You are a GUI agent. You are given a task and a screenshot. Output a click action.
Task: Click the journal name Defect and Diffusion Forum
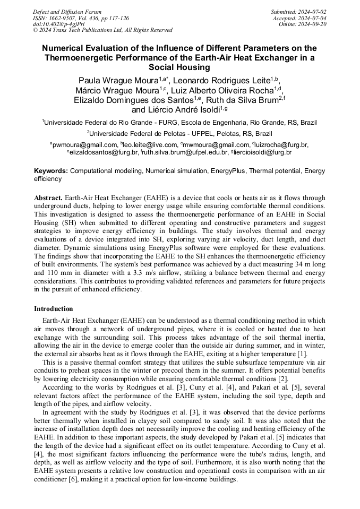pyautogui.click(x=67, y=12)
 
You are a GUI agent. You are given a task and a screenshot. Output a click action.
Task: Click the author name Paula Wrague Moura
pyautogui.click(x=118, y=81)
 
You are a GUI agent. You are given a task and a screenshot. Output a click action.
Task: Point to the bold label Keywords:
pyautogui.click(x=51, y=171)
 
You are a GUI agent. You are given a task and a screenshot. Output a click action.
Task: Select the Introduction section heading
pyautogui.click(x=54, y=309)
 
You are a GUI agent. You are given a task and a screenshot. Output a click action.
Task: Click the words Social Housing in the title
pyautogui.click(x=179, y=67)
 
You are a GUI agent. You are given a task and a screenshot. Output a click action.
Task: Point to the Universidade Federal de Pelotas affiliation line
pyautogui.click(x=179, y=133)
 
